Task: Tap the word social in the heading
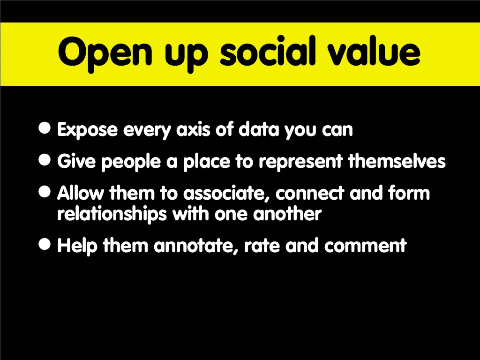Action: tap(268, 51)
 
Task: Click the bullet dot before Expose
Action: tap(45, 127)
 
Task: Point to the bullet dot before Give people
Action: tap(45, 159)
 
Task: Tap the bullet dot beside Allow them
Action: tap(45, 192)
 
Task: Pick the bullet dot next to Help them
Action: tap(45, 244)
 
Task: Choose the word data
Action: tap(259, 129)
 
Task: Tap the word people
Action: tap(131, 162)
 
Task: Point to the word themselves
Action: tap(397, 161)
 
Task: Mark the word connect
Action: tap(309, 194)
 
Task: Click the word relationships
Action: tap(112, 214)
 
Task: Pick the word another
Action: tap(287, 214)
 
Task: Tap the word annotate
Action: tap(196, 246)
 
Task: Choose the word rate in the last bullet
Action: tap(262, 246)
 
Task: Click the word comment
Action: tap(365, 246)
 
